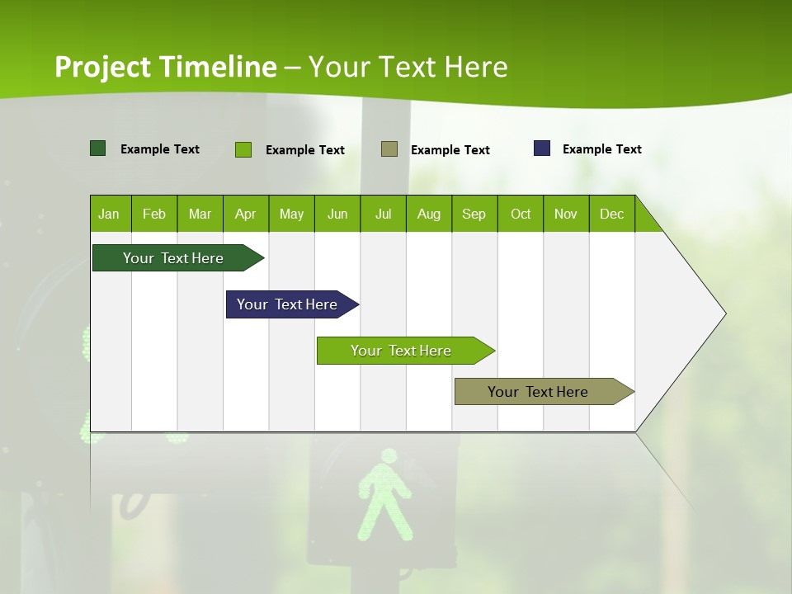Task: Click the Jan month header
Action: coord(110,214)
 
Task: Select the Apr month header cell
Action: coord(246,214)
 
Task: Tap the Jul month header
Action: coord(383,214)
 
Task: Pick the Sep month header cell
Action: coord(474,214)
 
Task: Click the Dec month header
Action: coord(611,214)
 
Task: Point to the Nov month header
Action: coord(565,214)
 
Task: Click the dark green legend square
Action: coord(97,148)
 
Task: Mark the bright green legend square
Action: coord(243,149)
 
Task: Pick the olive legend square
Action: coord(389,149)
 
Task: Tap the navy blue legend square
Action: coord(542,148)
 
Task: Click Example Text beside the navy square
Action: coord(601,149)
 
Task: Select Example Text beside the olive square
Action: coord(450,150)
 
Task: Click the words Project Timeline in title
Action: coord(165,67)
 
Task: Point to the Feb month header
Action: coord(154,214)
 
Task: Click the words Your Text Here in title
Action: coord(408,67)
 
